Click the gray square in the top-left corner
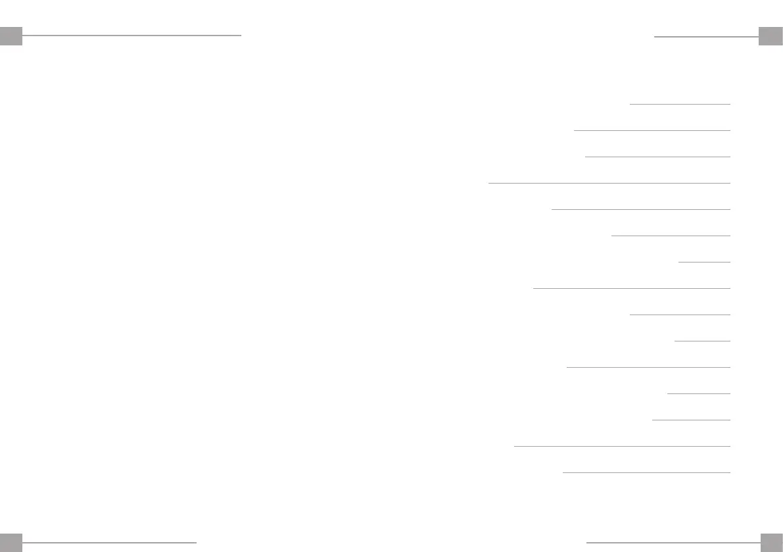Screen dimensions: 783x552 11,36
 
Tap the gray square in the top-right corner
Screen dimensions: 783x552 770,36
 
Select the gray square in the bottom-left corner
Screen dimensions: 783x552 11,542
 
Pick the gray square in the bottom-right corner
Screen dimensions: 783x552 771,542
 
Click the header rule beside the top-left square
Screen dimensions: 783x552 132,35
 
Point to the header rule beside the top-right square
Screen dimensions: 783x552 706,37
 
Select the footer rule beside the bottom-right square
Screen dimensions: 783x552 673,542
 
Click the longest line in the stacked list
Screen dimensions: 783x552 609,183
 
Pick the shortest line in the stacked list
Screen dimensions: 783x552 704,262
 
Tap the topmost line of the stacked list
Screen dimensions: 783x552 680,104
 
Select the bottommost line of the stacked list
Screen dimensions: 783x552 646,472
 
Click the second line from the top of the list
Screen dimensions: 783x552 652,130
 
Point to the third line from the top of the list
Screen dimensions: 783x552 657,157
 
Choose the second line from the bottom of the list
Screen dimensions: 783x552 622,446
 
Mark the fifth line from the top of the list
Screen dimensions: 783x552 640,209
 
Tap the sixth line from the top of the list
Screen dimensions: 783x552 671,236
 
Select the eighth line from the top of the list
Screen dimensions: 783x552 631,288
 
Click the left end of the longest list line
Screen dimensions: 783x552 490,183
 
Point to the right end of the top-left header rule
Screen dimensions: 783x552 241,35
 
